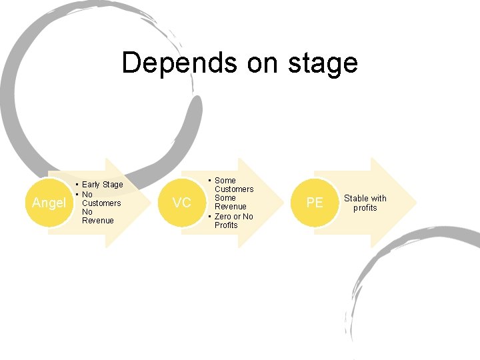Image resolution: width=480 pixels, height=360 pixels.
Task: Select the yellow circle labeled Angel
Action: click(49, 203)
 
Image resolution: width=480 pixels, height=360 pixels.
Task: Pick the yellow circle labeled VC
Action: click(181, 203)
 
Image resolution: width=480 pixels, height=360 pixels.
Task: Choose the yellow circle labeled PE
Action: click(314, 203)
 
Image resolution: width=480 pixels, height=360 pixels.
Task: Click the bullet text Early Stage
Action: click(102, 185)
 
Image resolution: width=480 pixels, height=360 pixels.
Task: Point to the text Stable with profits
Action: click(365, 203)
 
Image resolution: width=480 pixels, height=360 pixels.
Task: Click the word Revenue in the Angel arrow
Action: click(97, 221)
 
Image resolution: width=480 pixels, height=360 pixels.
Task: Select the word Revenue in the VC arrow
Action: click(230, 207)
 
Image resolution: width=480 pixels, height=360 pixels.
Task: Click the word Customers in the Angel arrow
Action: click(101, 203)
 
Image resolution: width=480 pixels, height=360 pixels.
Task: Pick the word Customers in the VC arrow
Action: click(233, 189)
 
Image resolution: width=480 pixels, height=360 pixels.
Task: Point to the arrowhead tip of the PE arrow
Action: click(415, 203)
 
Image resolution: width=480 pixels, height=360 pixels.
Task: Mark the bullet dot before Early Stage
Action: click(77, 185)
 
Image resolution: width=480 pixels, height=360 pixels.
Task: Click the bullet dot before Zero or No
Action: click(210, 217)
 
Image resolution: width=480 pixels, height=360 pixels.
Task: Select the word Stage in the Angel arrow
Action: click(112, 185)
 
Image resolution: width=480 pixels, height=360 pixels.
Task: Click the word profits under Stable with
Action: click(365, 207)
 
